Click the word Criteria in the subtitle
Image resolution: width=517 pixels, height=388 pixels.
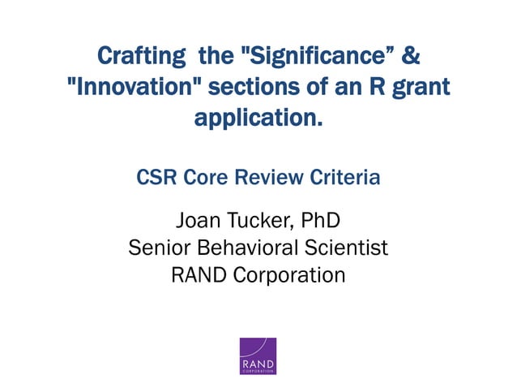[x=342, y=177]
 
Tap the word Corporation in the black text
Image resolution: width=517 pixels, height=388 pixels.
[x=289, y=275]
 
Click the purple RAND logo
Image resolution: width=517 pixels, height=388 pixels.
[x=258, y=356]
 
